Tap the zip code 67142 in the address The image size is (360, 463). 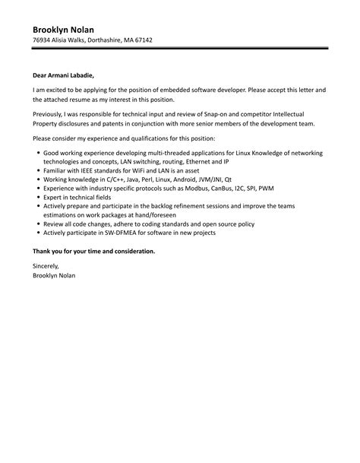pos(142,40)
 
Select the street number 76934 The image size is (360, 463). pos(43,40)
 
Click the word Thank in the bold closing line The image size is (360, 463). pos(43,250)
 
